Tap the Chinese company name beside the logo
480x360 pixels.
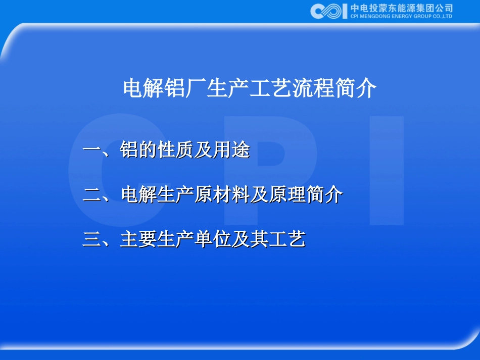(x=401, y=8)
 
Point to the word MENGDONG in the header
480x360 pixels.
(x=374, y=16)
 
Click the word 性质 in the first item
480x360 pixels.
(x=176, y=150)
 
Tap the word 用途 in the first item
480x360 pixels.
(x=232, y=150)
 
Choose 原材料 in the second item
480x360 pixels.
(x=222, y=195)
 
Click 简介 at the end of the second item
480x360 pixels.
(x=324, y=195)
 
